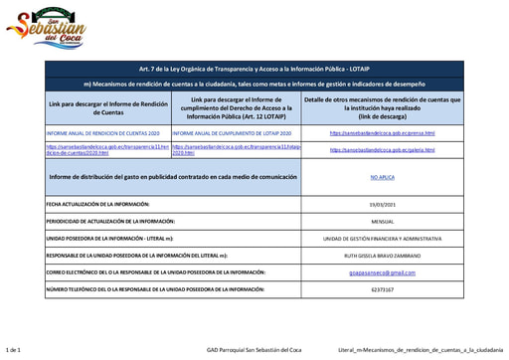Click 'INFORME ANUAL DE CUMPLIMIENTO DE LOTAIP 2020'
pyautogui.click(x=232, y=132)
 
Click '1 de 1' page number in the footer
pyautogui.click(x=13, y=350)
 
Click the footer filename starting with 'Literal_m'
pyautogui.click(x=420, y=350)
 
